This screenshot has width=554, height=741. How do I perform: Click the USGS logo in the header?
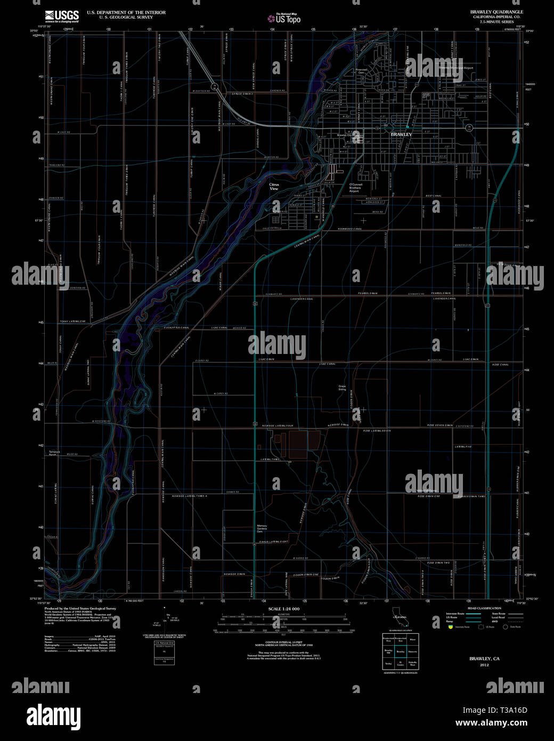[x=62, y=16]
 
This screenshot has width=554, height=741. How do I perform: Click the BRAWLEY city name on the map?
[x=401, y=134]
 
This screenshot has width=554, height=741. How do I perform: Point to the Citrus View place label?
[x=274, y=187]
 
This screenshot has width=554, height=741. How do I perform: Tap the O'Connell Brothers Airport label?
[x=355, y=188]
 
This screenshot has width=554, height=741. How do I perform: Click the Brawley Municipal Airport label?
[x=456, y=68]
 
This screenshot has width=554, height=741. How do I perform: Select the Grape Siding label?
[x=342, y=388]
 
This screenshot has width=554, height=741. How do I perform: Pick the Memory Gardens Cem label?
[x=262, y=528]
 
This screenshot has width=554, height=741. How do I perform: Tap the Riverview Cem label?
[x=362, y=70]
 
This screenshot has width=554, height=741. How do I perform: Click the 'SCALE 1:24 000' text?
[x=284, y=609]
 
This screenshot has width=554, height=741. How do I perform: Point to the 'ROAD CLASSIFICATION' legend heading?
[x=484, y=608]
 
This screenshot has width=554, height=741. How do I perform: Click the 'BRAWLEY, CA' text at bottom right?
[x=484, y=659]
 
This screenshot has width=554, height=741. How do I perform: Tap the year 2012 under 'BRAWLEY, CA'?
[x=484, y=665]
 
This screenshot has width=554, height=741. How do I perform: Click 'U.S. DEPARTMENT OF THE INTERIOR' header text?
[x=126, y=12]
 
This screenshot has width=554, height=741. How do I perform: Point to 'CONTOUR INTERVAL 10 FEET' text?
[x=283, y=643]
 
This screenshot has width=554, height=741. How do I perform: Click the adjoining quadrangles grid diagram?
[x=401, y=651]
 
